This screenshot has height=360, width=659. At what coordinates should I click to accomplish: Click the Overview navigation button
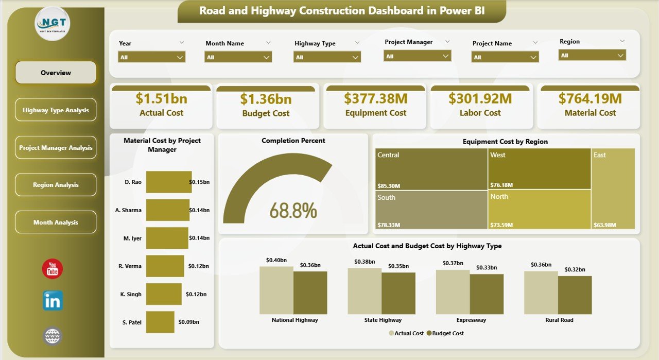tap(56, 73)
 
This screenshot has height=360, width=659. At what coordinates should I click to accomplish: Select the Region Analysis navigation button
tap(56, 185)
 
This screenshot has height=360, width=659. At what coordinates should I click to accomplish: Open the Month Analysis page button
tap(56, 222)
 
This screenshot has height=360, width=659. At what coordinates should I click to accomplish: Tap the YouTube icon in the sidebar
tap(53, 269)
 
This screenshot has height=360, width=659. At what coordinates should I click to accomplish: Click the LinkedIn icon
tap(53, 301)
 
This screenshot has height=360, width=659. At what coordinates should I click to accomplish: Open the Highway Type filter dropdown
tap(327, 57)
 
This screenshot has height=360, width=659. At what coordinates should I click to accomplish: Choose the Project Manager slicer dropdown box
tap(417, 56)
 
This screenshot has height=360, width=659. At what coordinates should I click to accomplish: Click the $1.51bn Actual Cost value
tap(161, 98)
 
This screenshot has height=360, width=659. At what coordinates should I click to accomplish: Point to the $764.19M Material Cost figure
tap(590, 98)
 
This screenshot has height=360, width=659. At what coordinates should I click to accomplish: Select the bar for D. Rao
tap(168, 182)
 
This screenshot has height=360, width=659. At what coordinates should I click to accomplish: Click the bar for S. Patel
tap(160, 322)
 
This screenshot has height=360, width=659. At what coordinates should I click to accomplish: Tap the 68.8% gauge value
tap(293, 211)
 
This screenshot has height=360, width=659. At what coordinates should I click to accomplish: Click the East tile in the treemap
tap(613, 188)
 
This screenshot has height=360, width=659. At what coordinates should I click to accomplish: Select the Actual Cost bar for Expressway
tap(453, 292)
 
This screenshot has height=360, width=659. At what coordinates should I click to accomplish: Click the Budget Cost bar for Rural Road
tap(575, 295)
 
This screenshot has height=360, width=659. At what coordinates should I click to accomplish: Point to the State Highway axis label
tap(383, 320)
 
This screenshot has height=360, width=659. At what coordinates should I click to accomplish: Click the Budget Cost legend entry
tap(447, 333)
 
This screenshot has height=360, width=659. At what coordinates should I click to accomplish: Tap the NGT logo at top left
tap(53, 24)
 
